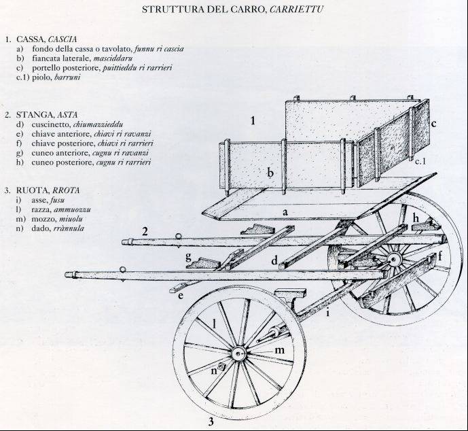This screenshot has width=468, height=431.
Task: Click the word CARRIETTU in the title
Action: [300, 10]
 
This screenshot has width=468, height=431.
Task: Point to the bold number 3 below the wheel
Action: [211, 421]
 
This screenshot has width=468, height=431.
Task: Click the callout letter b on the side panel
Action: [270, 173]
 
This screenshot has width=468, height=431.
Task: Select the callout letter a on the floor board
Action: [286, 213]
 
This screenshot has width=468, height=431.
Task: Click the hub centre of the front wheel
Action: [238, 354]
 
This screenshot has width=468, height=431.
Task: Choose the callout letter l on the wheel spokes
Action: [215, 324]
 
